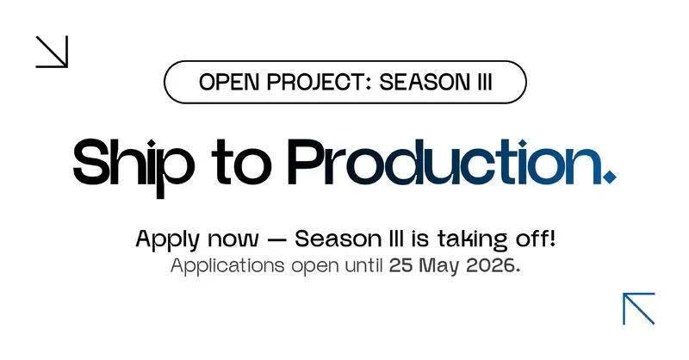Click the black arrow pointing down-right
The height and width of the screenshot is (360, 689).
tap(52, 52)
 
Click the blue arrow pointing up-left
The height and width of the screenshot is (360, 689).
tap(639, 308)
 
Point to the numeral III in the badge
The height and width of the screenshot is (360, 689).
tap(484, 82)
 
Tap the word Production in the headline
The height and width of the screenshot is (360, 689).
tap(444, 162)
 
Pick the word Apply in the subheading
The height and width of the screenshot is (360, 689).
tap(167, 240)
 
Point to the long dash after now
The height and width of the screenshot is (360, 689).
tap(277, 240)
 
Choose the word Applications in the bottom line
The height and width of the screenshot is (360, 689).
tap(227, 266)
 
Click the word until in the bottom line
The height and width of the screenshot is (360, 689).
tap(363, 265)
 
